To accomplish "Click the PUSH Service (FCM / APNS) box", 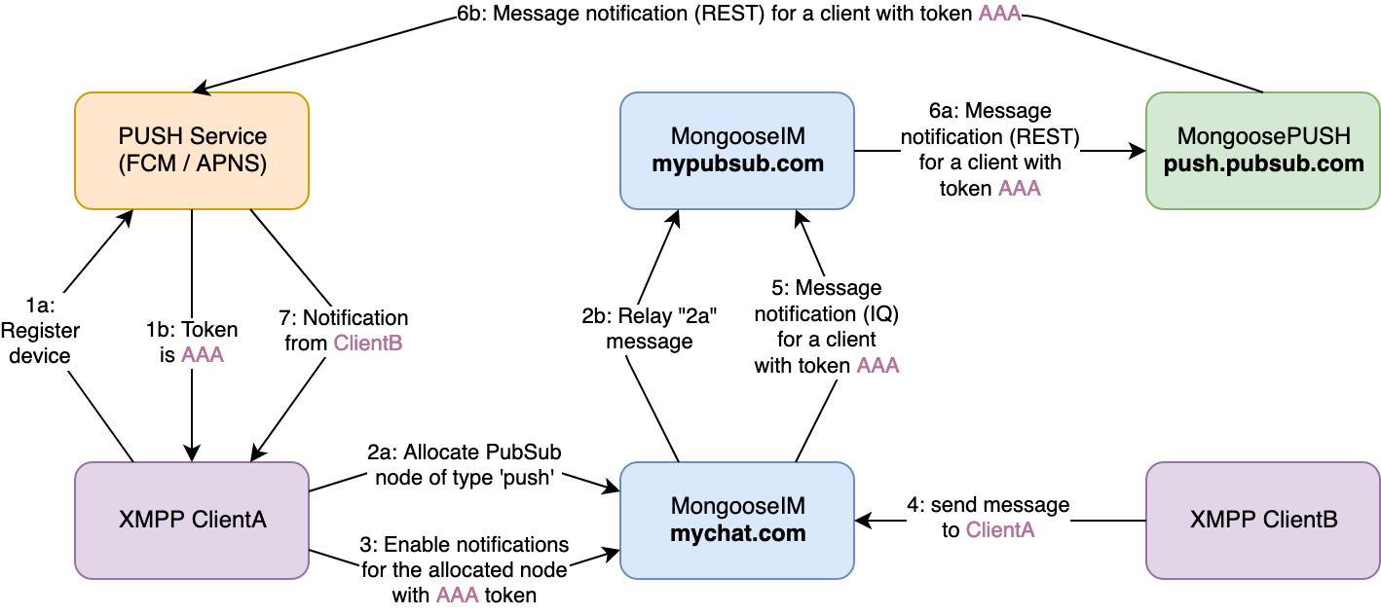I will click(192, 151).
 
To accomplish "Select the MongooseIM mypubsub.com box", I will click(737, 151).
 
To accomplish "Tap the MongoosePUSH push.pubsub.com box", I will click(1263, 151).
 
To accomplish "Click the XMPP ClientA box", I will click(192, 521).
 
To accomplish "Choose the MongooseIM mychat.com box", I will click(737, 521).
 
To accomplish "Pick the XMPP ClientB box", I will click(1263, 521).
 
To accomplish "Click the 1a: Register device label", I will click(40, 331).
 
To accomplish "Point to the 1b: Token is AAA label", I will click(192, 343).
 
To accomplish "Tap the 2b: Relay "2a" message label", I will click(650, 329).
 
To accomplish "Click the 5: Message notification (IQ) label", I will click(827, 327).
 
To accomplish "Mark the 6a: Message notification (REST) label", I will click(990, 150).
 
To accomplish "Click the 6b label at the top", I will click(739, 15).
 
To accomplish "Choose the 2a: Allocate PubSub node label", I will click(465, 465).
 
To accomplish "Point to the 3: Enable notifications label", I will click(465, 569).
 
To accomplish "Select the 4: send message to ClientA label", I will click(989, 517).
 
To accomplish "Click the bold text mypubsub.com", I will click(737, 163).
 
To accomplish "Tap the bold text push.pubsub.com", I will click(1263, 163).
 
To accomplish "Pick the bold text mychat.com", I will click(737, 533).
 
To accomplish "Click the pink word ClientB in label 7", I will click(367, 344).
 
